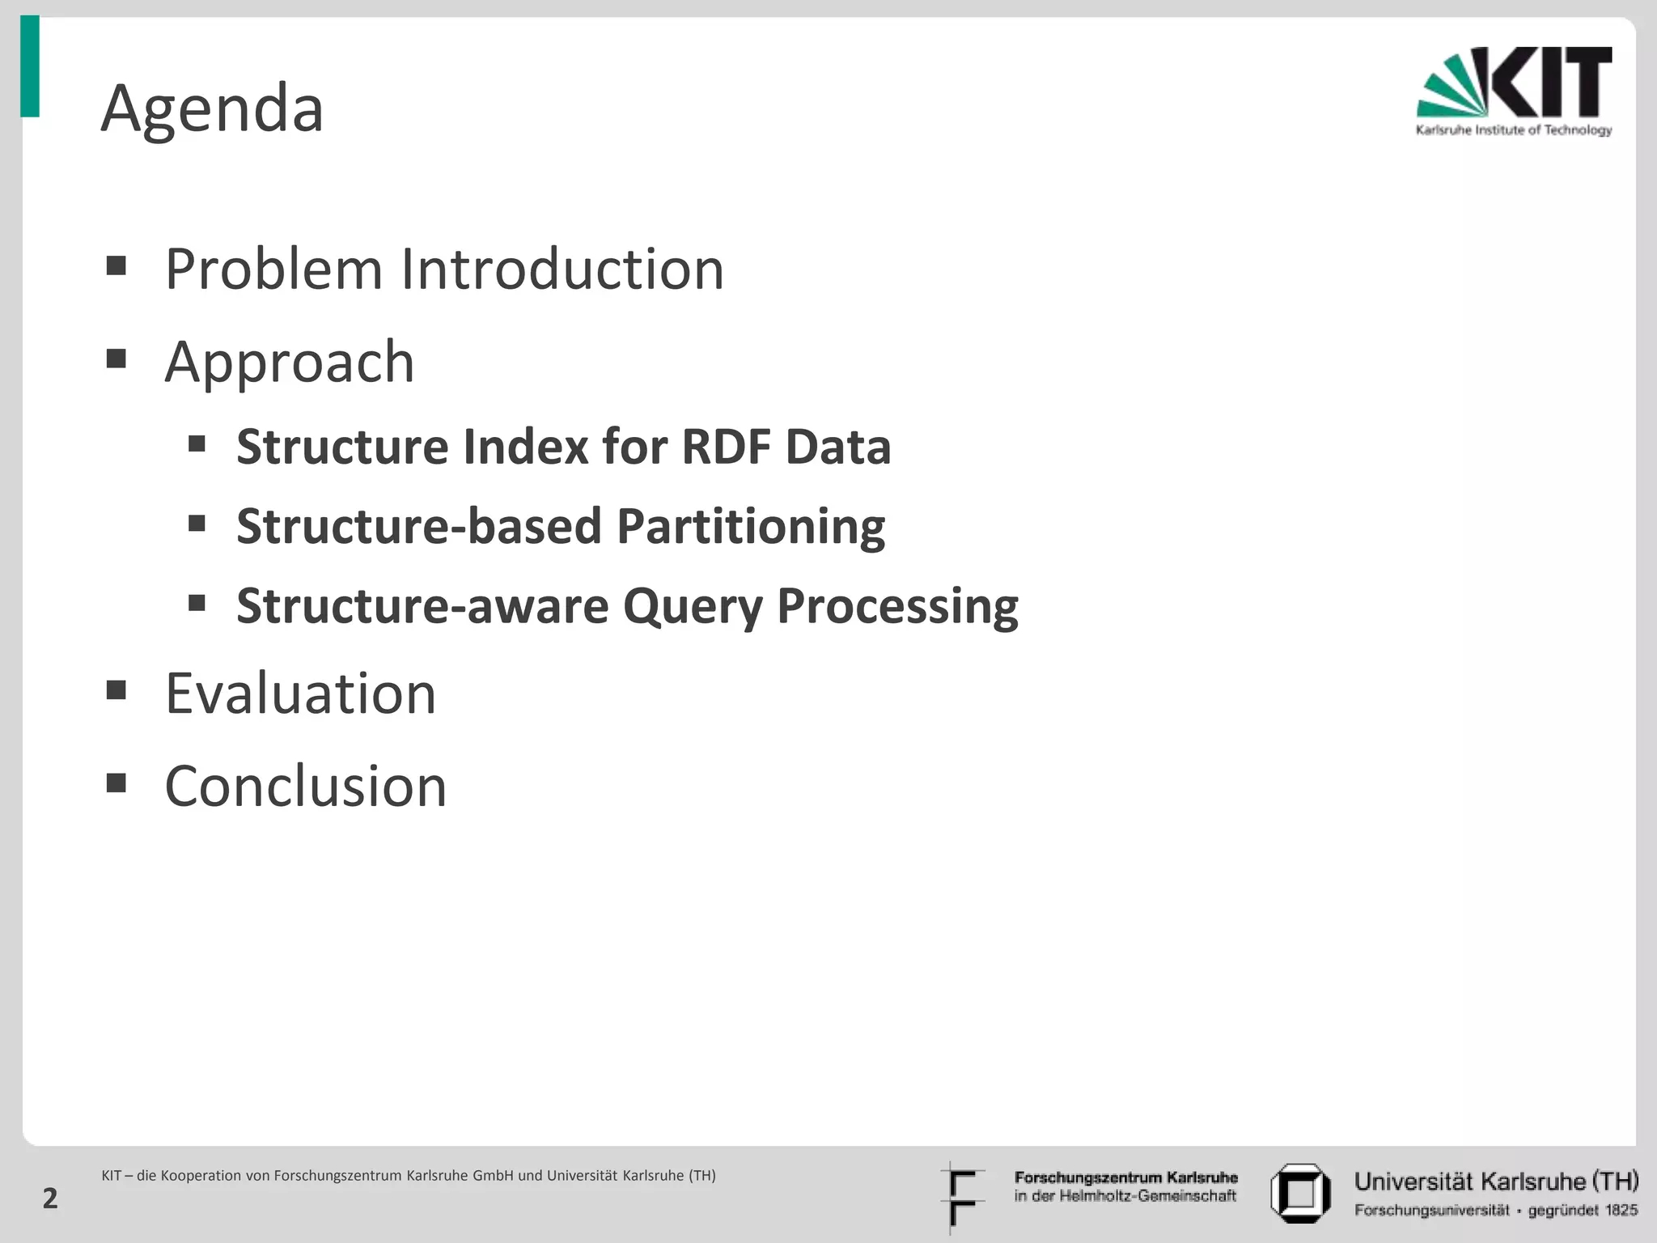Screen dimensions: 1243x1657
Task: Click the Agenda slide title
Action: coord(212,109)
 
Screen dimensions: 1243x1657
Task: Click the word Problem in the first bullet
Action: coord(273,269)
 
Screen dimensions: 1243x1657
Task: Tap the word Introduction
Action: coord(562,269)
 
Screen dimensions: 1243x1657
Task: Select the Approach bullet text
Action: coord(290,362)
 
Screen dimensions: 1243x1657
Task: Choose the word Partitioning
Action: coord(751,527)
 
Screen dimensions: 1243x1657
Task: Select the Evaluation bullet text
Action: coord(300,694)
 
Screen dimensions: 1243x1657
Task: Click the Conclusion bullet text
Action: coord(306,787)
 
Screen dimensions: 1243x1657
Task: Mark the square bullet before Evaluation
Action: coord(117,690)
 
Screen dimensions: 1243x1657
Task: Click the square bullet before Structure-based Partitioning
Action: coord(197,524)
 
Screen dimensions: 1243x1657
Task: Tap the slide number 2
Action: coord(50,1198)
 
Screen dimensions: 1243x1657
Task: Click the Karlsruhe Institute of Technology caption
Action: coord(1513,130)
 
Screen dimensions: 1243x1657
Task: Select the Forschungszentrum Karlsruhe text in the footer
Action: coord(1125,1177)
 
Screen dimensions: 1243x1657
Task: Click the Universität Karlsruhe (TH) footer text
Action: coord(1496,1181)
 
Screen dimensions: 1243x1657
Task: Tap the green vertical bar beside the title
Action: coord(30,66)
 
